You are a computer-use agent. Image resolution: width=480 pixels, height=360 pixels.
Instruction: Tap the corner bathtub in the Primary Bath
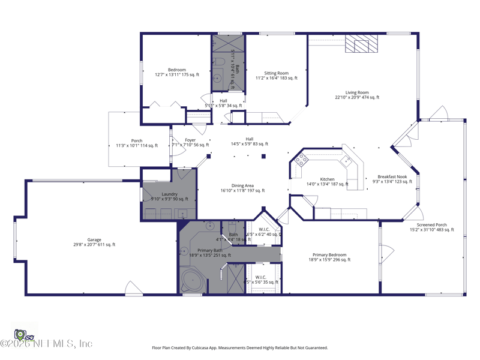click(192, 281)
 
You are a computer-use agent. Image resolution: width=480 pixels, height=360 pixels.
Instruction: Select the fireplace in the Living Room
click(361, 43)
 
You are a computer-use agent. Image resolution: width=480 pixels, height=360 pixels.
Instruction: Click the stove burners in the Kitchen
click(301, 159)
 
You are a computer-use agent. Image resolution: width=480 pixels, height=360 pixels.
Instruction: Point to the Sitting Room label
click(276, 73)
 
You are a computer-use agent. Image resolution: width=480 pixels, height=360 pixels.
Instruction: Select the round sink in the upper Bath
click(217, 78)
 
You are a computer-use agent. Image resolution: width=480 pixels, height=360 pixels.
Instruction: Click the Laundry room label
click(169, 194)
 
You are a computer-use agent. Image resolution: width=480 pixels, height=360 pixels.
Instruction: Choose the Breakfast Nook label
click(392, 176)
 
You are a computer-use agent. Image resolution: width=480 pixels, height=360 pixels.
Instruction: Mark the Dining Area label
click(242, 186)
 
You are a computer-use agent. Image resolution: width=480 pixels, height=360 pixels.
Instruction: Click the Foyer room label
click(190, 140)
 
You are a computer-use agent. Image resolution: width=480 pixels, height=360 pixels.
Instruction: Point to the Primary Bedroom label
click(330, 255)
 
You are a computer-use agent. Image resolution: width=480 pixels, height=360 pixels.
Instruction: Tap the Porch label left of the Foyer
click(137, 141)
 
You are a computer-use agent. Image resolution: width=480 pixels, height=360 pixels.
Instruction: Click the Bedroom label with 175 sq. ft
click(177, 70)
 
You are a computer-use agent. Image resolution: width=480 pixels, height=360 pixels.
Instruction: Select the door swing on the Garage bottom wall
click(133, 288)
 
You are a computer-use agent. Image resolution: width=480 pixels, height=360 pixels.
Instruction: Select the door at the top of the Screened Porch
click(438, 114)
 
